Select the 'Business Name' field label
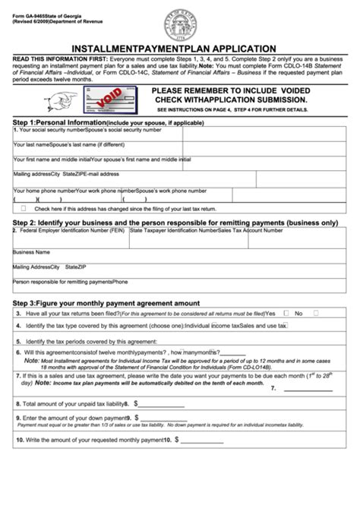[32, 251]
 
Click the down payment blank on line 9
[162, 418]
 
